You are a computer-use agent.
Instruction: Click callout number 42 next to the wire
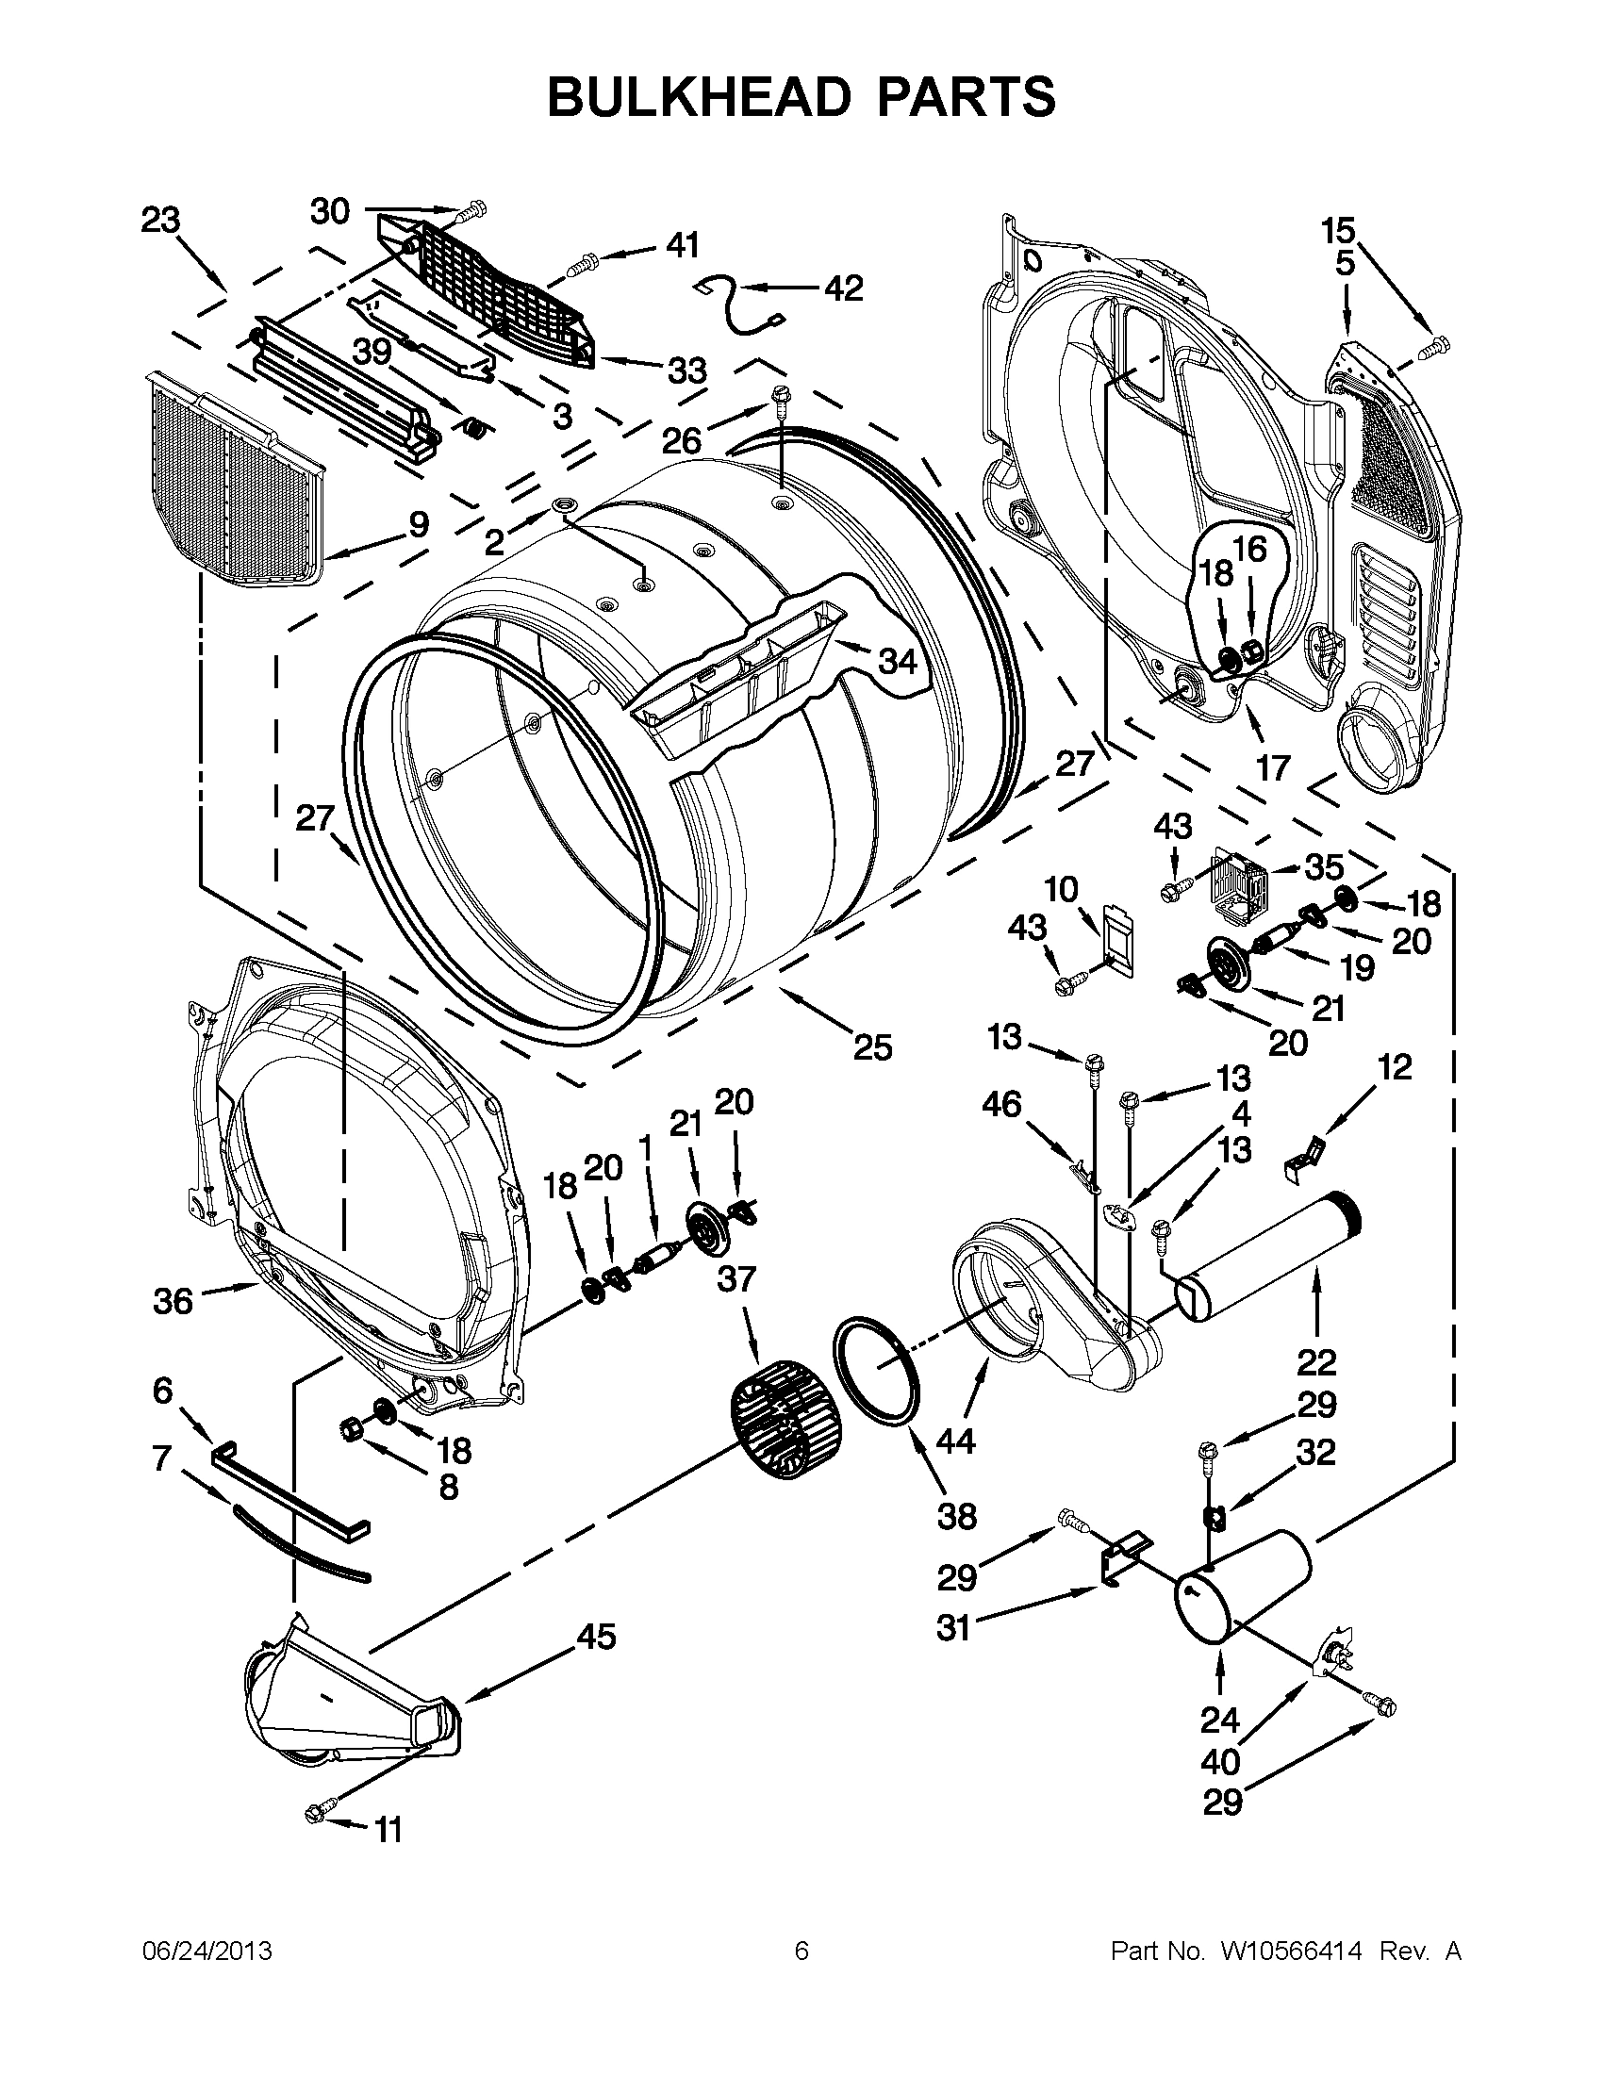843,287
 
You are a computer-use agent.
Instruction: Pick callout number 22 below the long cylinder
1316,1361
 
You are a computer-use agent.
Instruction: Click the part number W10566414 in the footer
1290,1951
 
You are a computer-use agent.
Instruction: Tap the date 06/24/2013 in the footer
207,1951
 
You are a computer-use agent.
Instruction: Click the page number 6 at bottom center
801,1951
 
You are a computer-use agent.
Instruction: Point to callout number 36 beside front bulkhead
173,1300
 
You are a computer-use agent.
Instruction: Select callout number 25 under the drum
872,1046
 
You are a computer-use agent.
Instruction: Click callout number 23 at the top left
160,221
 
